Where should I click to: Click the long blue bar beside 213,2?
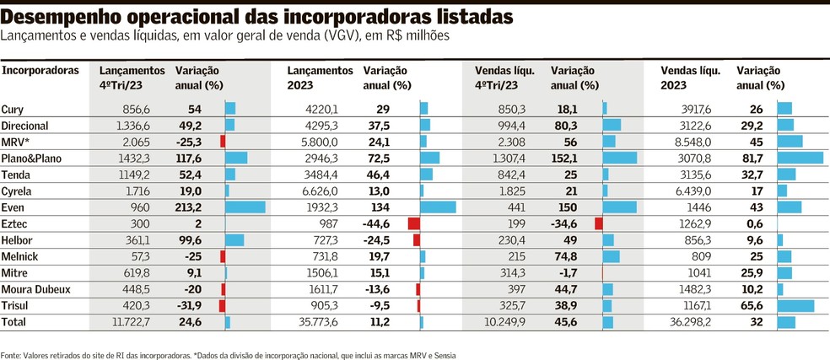[x=245, y=207]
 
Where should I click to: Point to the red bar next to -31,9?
[x=223, y=305]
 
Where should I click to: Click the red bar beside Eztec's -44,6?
[x=413, y=223]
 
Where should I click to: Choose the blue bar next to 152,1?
[x=620, y=158]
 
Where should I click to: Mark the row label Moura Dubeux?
[x=35, y=289]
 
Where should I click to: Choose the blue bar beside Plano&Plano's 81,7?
[x=800, y=158]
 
